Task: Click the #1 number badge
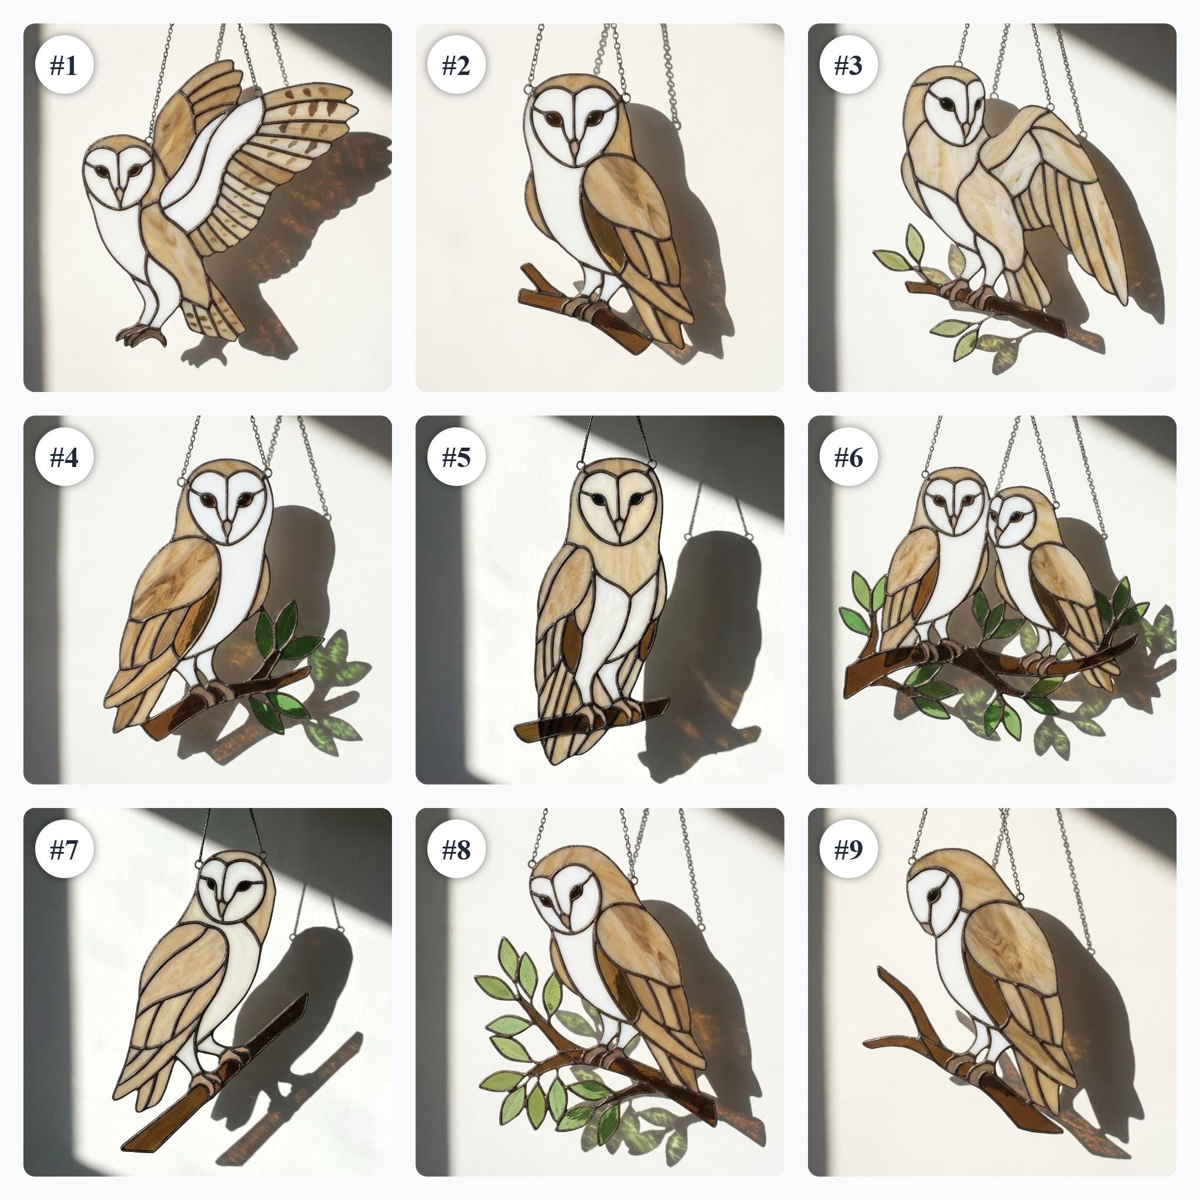tap(64, 65)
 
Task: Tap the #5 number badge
tap(456, 457)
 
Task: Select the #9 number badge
tap(848, 850)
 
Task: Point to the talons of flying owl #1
tap(142, 335)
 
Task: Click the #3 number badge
tap(848, 65)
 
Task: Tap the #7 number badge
tap(64, 850)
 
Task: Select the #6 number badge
tap(848, 457)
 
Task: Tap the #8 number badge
tap(456, 850)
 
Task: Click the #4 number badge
tap(64, 457)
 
